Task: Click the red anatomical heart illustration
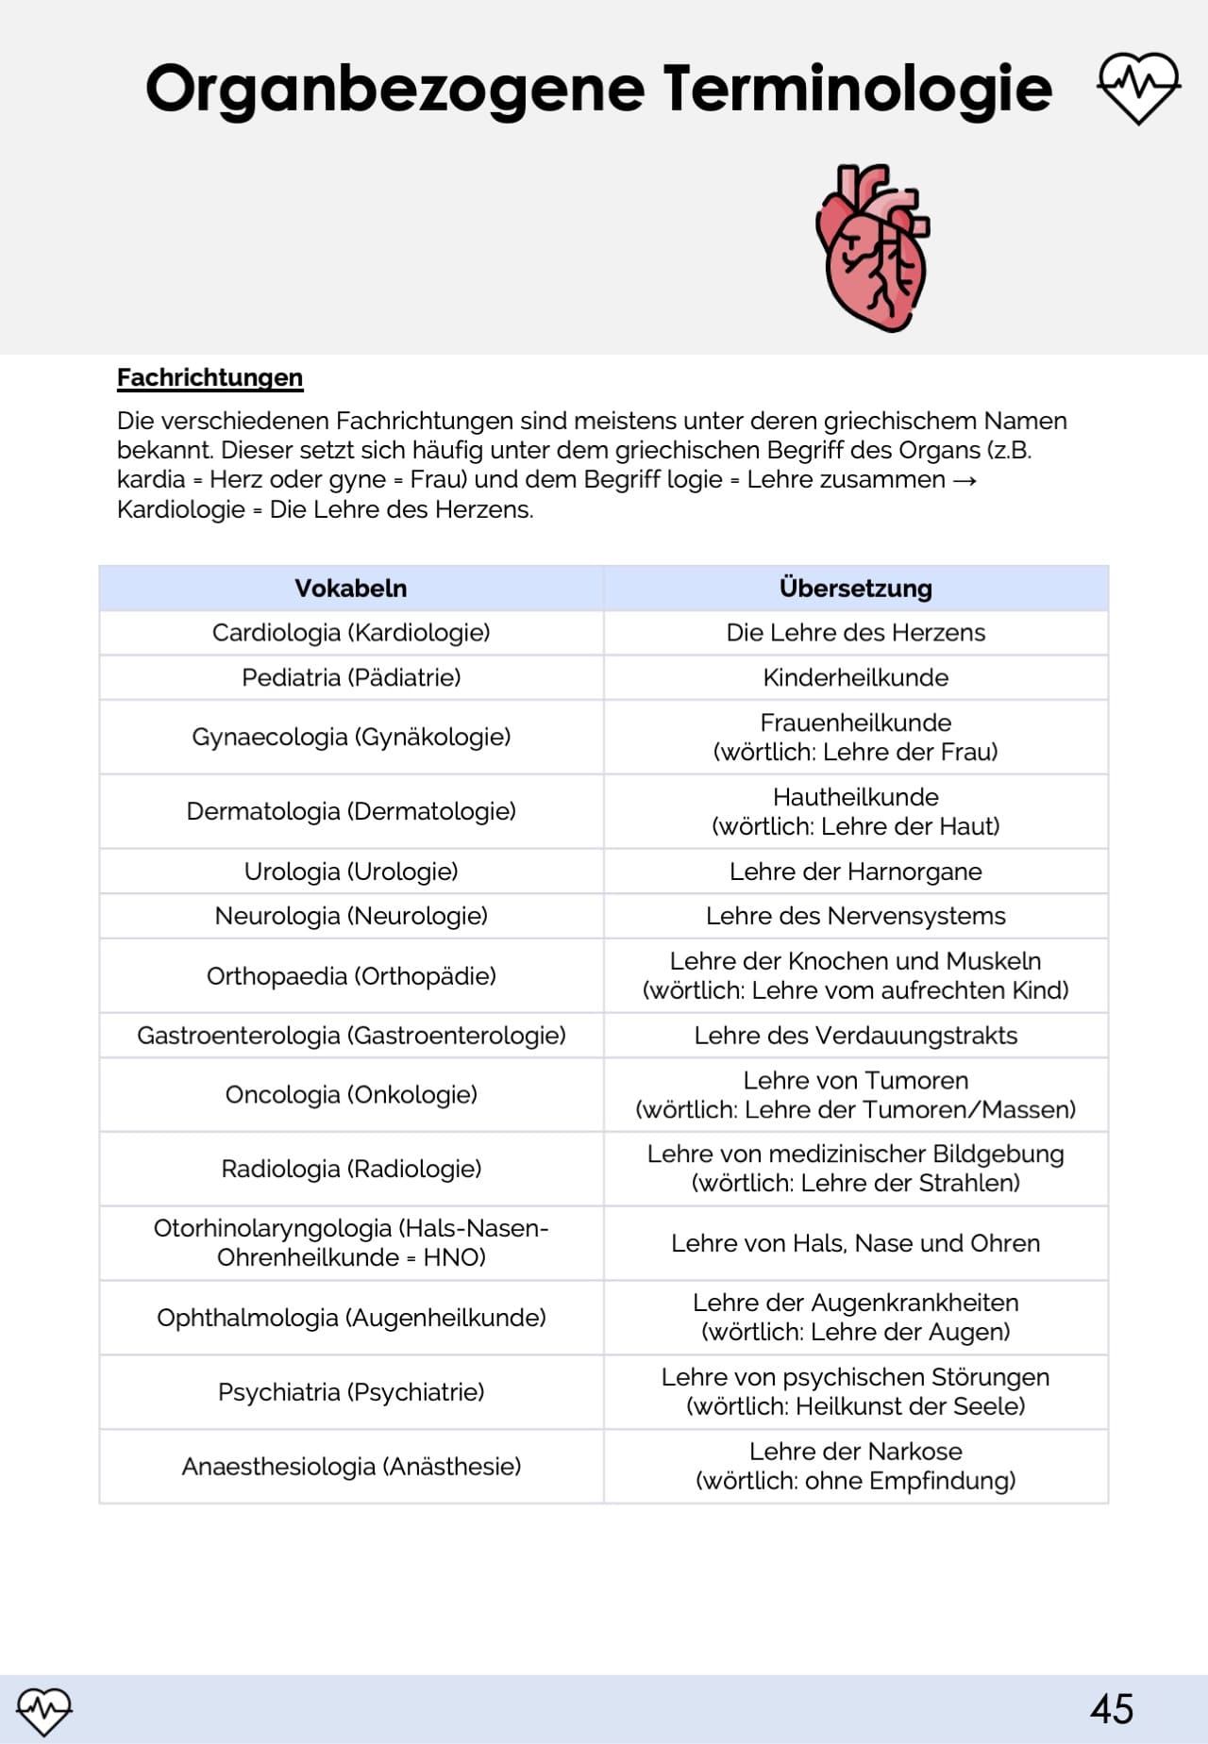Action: coord(873,248)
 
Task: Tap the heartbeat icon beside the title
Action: coord(1138,88)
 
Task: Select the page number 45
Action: coord(1111,1709)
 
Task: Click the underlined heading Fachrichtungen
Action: coord(210,378)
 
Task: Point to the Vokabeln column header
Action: coord(351,589)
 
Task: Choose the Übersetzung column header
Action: coord(855,589)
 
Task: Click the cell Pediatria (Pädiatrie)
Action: coord(351,677)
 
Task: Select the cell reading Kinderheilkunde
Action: coord(855,677)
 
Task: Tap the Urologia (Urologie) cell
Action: coord(351,872)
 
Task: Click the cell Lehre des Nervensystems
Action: coord(855,916)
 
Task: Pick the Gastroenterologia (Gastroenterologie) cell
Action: coord(351,1036)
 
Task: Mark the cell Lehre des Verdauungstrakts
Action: coord(855,1036)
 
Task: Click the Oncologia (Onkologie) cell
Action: coord(351,1095)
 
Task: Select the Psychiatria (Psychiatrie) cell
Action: coord(351,1392)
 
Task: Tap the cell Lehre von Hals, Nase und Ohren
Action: coord(855,1243)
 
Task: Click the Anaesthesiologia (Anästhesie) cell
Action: coord(351,1467)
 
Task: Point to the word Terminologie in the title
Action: coord(857,90)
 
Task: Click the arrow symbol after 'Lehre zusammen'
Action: coord(965,480)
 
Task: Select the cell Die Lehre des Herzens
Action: coord(855,633)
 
